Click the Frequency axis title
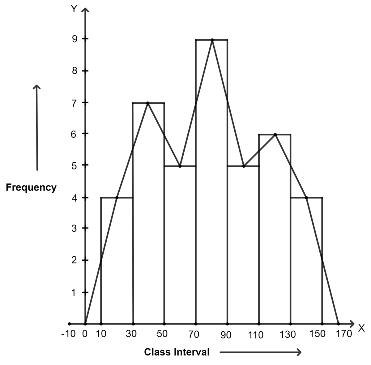click(x=31, y=187)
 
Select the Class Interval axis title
click(x=177, y=352)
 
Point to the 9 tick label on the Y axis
click(x=74, y=39)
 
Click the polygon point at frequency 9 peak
click(x=212, y=40)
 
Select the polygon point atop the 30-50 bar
click(x=148, y=103)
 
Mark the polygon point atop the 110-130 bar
click(x=275, y=134)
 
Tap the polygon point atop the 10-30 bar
click(x=117, y=198)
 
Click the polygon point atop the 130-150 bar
click(x=306, y=198)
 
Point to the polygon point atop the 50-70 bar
click(x=180, y=166)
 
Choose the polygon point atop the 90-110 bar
click(x=244, y=166)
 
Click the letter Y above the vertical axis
click(x=74, y=9)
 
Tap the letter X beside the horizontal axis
click(x=361, y=328)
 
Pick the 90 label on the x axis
click(x=226, y=335)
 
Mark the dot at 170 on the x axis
click(x=339, y=324)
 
